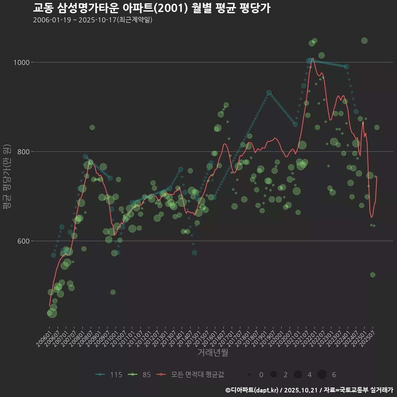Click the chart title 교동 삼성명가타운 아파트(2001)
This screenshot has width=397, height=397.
coord(151,8)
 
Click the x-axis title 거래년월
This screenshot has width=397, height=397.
coord(213,353)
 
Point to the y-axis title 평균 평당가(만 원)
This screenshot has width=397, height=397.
coord(6,178)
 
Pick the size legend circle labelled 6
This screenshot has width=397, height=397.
coord(322,375)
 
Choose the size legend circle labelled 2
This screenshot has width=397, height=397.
coord(273,375)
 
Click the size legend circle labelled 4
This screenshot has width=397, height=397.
coord(297,375)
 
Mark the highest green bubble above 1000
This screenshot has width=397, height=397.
coord(364,41)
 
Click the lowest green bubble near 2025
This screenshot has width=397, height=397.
coord(373,275)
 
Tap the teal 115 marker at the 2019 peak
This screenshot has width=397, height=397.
coord(269,93)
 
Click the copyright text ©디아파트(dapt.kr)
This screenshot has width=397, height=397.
coord(252,390)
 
